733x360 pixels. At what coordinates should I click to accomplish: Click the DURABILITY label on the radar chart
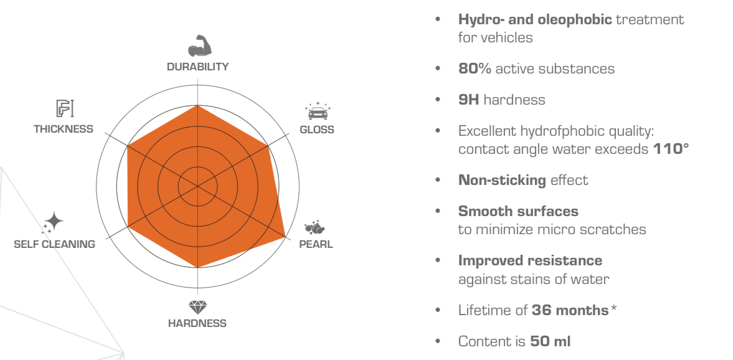tap(198, 67)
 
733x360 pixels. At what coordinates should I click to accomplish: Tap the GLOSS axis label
tap(317, 130)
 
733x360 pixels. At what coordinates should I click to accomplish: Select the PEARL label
tap(316, 244)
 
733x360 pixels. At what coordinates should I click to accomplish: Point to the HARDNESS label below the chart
tap(197, 323)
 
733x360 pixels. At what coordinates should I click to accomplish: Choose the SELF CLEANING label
tap(54, 244)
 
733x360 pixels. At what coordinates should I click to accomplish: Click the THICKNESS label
tap(64, 129)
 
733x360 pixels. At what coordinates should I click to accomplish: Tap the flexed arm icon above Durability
tap(200, 46)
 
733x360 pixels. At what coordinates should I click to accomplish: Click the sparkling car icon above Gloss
tap(318, 111)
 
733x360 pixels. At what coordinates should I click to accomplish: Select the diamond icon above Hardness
tap(198, 307)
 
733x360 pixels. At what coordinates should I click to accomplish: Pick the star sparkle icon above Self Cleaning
tap(53, 222)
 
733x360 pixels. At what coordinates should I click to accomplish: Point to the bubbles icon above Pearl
tap(314, 228)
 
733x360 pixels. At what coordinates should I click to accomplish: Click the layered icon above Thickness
tap(65, 108)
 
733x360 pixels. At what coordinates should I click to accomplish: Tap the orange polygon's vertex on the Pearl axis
tap(285, 237)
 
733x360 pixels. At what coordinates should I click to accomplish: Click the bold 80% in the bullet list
tap(475, 69)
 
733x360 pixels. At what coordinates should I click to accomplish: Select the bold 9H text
tap(469, 100)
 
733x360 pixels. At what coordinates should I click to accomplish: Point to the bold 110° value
tap(671, 149)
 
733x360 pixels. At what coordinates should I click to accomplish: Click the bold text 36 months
tap(570, 310)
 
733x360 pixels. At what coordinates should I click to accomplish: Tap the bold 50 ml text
tap(551, 341)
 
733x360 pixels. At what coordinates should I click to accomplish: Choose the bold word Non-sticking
tap(502, 180)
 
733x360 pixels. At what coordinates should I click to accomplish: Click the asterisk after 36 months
tap(614, 308)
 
